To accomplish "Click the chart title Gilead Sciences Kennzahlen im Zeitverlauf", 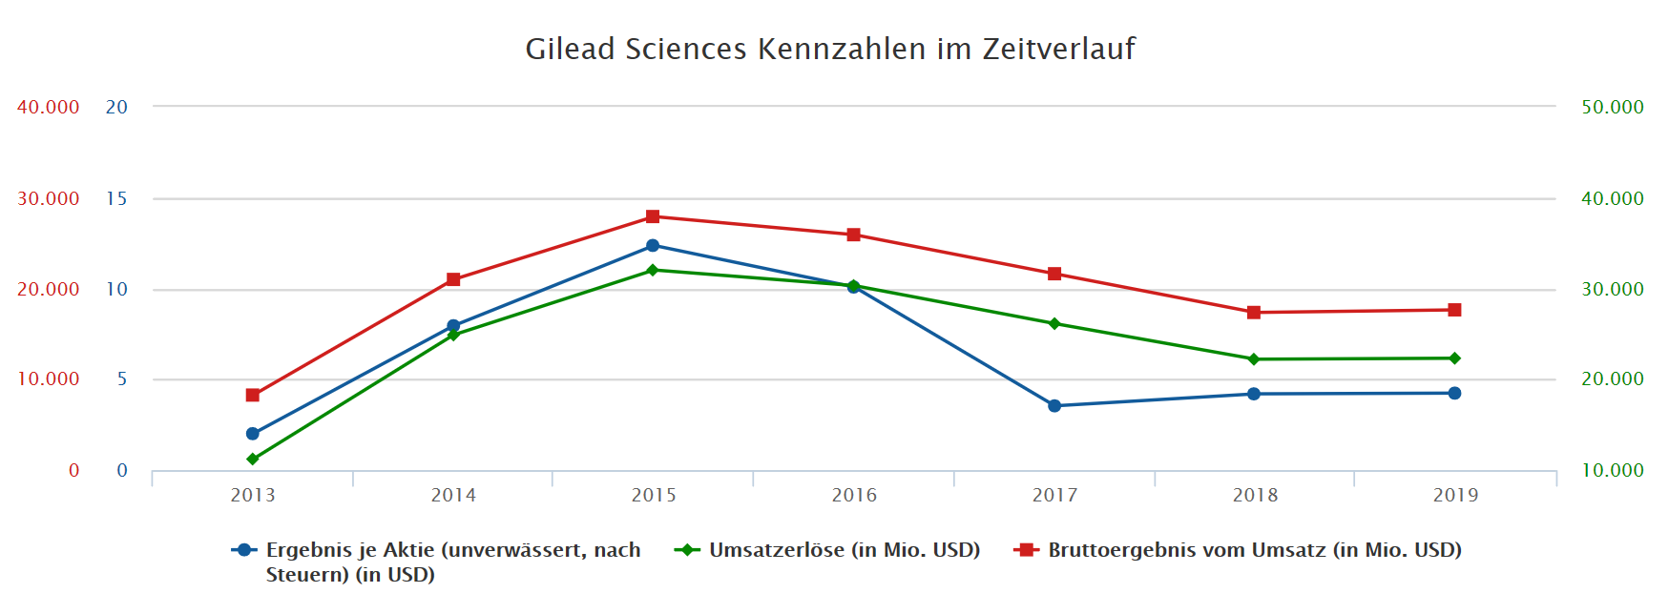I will point(830,49).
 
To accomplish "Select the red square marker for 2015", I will point(653,216).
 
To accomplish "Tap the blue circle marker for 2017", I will point(1054,406).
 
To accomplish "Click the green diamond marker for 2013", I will point(253,460).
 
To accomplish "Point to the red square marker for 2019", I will point(1454,310).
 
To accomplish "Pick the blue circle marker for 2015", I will point(653,246).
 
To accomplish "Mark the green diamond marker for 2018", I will point(1254,359).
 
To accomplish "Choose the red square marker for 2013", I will point(253,395).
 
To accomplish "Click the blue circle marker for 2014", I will point(453,326).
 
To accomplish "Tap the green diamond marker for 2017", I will point(1054,324).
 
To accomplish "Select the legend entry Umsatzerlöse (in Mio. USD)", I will point(844,550).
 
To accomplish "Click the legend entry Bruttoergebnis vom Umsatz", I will point(1254,550).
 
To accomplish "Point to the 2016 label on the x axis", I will point(854,495).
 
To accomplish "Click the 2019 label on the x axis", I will point(1455,495).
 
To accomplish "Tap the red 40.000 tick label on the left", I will point(48,107).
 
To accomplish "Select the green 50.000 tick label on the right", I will point(1613,107).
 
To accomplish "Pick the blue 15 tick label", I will point(116,198).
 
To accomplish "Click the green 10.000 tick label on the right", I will point(1613,470).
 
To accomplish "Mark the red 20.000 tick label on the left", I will point(48,289).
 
